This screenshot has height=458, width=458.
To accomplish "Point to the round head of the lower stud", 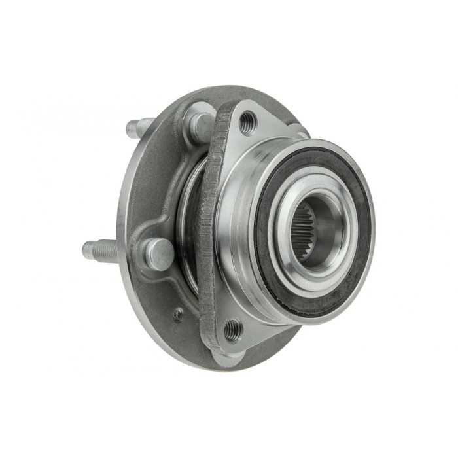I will (x=159, y=253).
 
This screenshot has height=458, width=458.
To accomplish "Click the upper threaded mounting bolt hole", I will (x=247, y=122).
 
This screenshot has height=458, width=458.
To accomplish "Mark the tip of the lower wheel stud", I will (x=87, y=249).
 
